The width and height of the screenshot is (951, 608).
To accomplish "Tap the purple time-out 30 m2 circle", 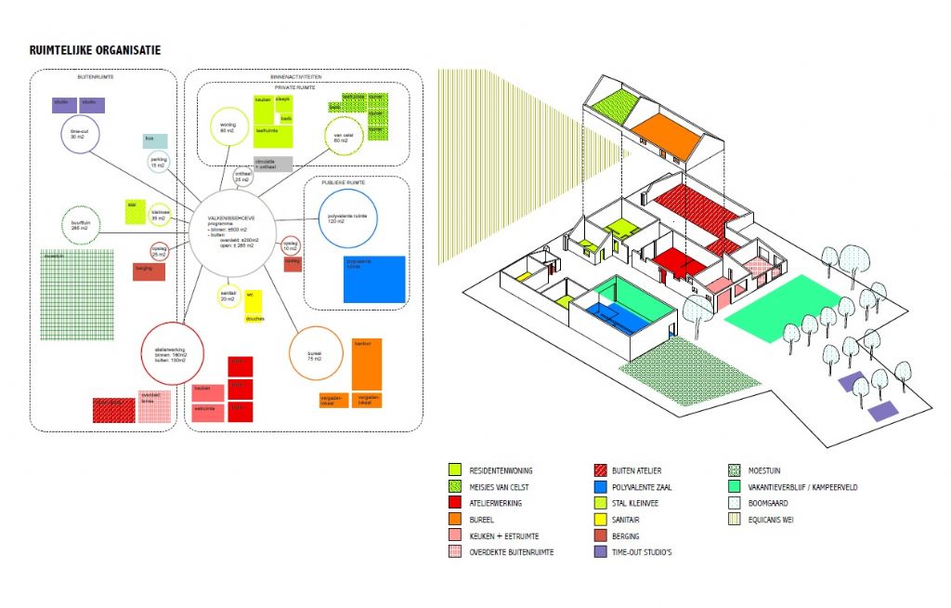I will (x=80, y=136).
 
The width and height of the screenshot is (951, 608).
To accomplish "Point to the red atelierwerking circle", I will (x=170, y=354).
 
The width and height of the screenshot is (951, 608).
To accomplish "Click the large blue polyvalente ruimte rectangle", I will (x=374, y=279).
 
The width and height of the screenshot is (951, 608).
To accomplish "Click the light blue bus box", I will (x=155, y=140).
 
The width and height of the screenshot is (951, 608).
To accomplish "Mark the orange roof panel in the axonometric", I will (x=664, y=136).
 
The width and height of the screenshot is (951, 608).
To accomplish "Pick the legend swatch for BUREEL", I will (x=454, y=520).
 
